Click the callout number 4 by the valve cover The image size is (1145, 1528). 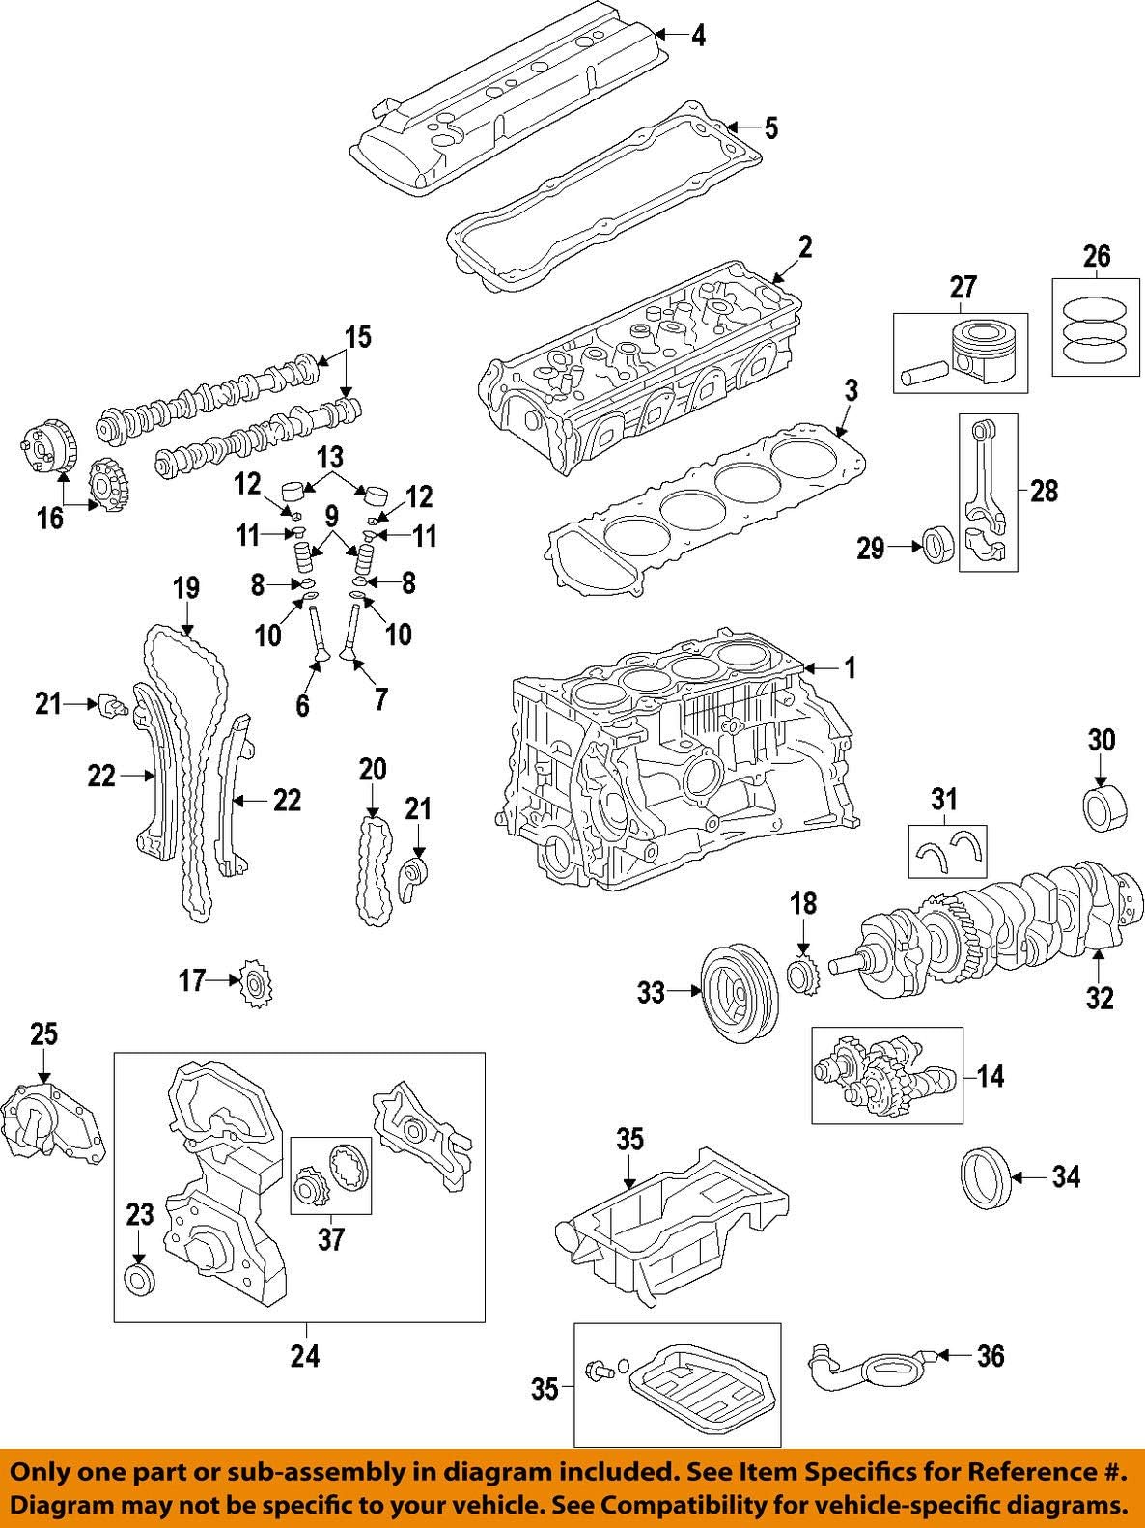coord(698,36)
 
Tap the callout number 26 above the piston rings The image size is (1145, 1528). coord(1097,256)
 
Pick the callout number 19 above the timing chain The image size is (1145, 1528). coord(186,587)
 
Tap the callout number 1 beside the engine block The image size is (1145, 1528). coord(850,666)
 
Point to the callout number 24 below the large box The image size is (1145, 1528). coord(305,1356)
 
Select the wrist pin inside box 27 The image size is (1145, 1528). coord(922,375)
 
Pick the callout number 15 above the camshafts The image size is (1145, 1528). coord(357,337)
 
